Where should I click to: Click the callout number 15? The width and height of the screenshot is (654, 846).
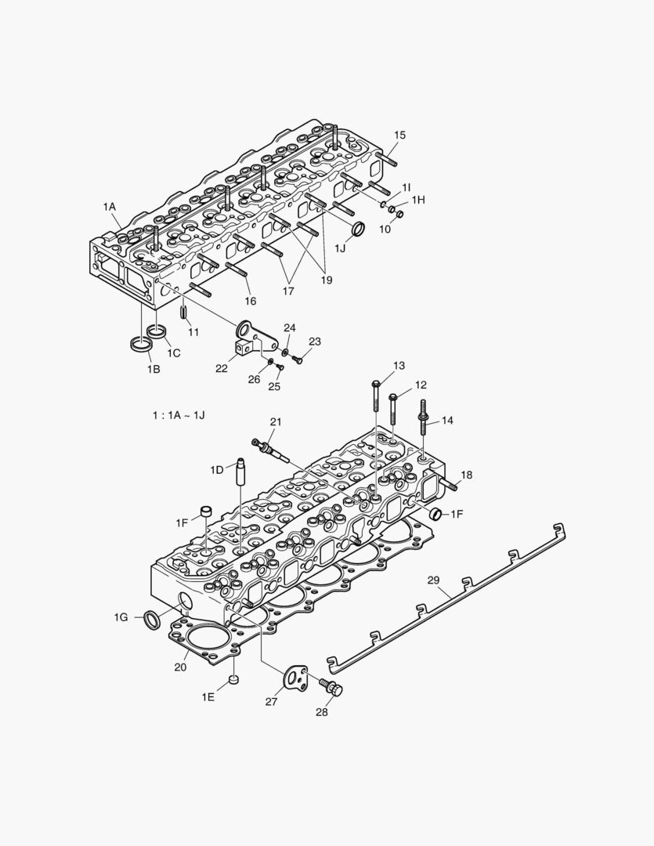399,136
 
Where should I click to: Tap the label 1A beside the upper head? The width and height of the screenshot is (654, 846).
109,206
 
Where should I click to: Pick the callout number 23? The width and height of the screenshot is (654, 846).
314,342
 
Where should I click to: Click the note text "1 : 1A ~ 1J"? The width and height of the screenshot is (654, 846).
178,414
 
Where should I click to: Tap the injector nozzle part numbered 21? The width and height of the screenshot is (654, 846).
267,450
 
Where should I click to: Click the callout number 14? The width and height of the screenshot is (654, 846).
446,421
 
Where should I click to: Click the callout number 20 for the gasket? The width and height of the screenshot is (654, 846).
180,667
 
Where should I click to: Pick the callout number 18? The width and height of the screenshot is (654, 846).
466,475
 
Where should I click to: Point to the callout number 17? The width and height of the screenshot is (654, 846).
288,291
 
